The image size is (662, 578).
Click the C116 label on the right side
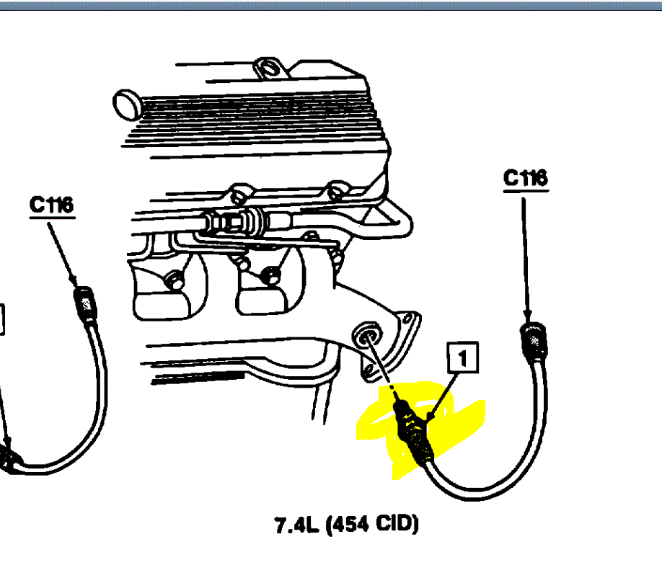click(524, 179)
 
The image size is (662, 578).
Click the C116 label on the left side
click(51, 205)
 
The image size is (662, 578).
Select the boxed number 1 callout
click(463, 356)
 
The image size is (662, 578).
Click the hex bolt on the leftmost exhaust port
click(173, 278)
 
